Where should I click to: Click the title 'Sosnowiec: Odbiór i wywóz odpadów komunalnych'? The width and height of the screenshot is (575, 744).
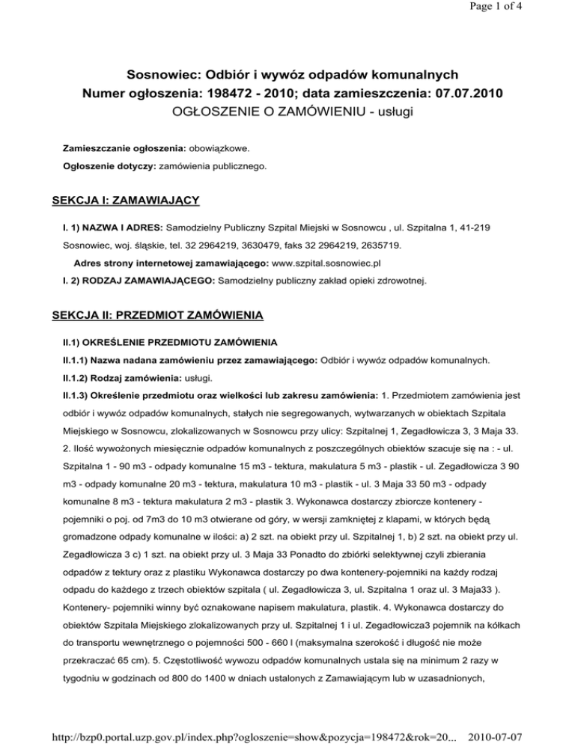(x=287, y=75)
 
